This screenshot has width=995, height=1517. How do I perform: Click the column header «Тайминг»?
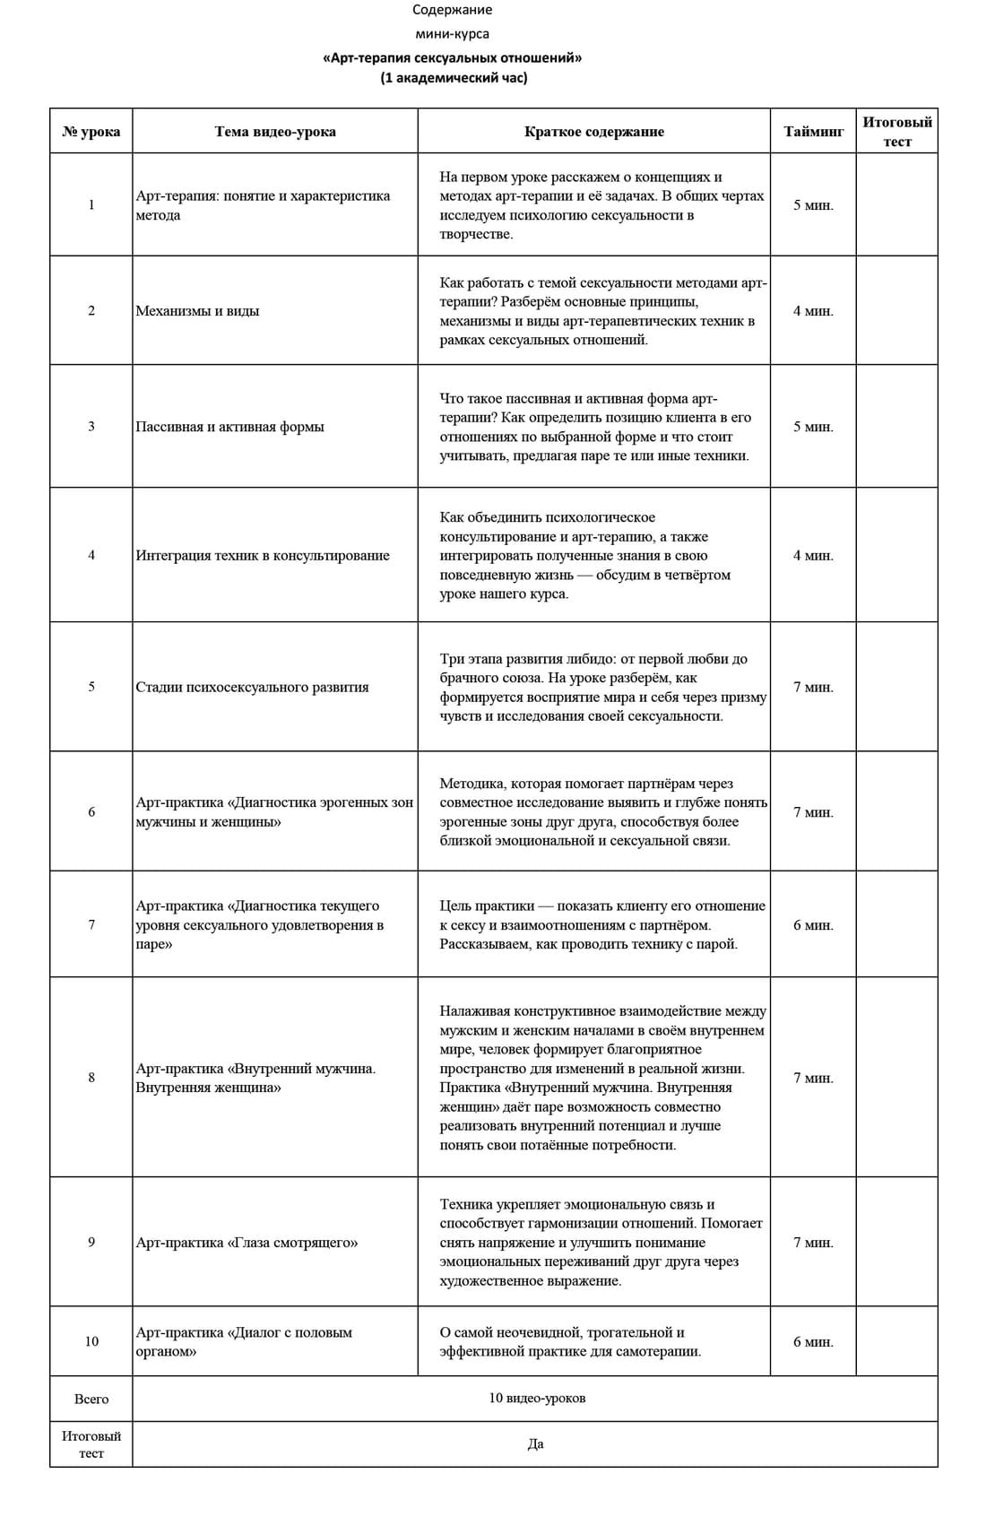point(813,132)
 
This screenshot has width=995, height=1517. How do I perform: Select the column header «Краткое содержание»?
point(593,132)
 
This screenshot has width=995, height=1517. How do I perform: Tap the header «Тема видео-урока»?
point(275,132)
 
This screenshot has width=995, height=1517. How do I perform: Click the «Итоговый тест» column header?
point(896,132)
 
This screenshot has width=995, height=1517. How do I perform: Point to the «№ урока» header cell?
point(91,132)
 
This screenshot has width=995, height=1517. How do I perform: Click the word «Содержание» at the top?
point(452,10)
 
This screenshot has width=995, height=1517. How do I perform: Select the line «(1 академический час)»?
point(453,78)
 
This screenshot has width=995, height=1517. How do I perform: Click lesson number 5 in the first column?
point(91,687)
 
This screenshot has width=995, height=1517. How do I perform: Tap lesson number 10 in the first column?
point(91,1341)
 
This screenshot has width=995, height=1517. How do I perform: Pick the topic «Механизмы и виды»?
point(197,311)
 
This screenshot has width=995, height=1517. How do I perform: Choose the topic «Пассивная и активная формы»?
point(229,427)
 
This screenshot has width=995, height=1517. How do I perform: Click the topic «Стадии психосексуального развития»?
point(252,688)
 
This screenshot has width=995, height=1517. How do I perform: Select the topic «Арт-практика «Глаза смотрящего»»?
point(247,1243)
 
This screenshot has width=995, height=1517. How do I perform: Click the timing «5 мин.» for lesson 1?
point(813,205)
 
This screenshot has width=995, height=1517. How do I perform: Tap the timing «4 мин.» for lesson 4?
point(813,556)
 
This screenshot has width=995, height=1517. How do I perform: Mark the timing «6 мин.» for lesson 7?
point(813,925)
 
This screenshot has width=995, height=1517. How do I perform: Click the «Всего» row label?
point(91,1399)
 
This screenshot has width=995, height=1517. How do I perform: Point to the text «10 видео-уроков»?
point(537,1399)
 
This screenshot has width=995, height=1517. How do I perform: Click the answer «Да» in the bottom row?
point(536,1444)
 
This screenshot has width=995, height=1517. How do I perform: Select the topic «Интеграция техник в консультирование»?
point(263,556)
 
